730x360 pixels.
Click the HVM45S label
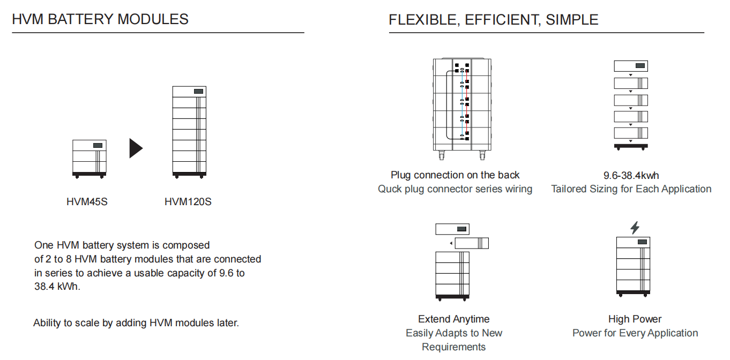(87, 201)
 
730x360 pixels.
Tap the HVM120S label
(188, 201)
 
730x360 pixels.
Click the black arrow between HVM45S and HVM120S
(136, 148)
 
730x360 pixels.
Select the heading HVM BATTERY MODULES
(100, 19)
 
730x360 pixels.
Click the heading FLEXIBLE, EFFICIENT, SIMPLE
(494, 19)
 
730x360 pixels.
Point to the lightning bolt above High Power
(635, 228)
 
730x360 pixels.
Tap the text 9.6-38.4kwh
(631, 176)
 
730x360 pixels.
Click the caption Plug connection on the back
(455, 175)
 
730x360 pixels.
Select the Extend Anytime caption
(453, 319)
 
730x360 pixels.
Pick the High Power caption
(635, 319)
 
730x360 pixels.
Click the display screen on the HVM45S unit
(98, 145)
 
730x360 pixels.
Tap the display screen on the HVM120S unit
(198, 91)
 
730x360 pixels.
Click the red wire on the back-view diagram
(467, 102)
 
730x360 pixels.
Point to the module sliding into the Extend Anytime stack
(472, 243)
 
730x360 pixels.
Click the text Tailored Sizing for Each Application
(631, 189)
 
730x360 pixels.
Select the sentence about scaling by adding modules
(136, 323)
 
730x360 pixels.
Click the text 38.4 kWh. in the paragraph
(57, 287)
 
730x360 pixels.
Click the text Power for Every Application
(635, 333)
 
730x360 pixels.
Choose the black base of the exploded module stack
(631, 146)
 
